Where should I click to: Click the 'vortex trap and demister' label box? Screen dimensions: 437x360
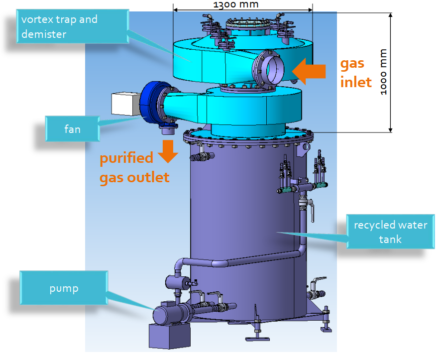pos(73,26)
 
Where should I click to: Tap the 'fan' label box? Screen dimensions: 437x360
pos(73,129)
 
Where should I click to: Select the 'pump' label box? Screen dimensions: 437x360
pos(64,287)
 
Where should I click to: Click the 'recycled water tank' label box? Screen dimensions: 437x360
pos(390,232)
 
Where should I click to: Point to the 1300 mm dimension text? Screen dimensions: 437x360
pos(236,4)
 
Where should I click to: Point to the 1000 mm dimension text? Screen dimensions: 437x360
pos(383,72)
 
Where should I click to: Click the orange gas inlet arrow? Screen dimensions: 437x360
pos(309,71)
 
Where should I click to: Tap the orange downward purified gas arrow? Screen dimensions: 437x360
pos(168,151)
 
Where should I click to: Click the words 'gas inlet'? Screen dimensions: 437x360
pos(356,73)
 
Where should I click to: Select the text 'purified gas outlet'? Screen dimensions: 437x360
pos(134,168)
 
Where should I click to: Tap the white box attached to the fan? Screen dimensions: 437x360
pos(125,104)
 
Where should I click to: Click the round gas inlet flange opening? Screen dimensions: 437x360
pos(268,70)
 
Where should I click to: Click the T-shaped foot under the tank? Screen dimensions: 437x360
pos(257,332)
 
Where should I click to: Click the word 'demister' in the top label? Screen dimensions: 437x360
pos(44,34)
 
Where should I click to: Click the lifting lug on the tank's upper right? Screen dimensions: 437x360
pos(304,148)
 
